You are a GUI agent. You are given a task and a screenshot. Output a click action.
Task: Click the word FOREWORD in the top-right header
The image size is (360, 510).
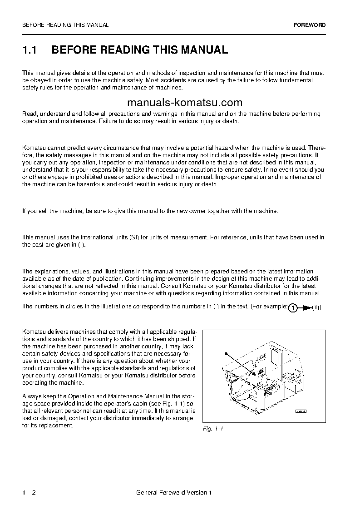[310, 25]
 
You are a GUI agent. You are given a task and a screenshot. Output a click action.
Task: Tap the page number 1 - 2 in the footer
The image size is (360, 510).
[29, 492]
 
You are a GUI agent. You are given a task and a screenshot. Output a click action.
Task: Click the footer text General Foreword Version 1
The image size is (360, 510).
[174, 492]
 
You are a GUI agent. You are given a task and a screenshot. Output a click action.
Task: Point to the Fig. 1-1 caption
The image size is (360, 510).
[213, 429]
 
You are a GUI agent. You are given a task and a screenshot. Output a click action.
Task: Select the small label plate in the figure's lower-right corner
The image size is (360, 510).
[301, 411]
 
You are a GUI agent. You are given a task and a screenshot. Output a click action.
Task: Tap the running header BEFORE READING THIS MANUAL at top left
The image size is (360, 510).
[65, 25]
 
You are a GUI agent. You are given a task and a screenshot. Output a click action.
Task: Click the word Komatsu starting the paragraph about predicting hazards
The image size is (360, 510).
[33, 148]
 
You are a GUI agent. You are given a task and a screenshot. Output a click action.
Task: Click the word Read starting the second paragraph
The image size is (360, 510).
[29, 114]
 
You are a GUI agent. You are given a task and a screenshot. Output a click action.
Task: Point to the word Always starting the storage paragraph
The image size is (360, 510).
[32, 396]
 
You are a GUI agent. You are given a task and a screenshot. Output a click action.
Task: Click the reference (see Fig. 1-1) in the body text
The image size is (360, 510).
[168, 403]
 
